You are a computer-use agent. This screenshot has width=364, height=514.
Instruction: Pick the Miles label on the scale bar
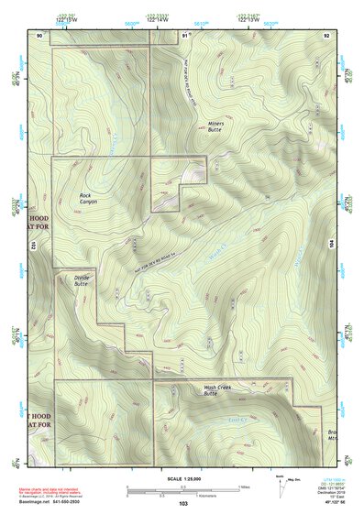243,486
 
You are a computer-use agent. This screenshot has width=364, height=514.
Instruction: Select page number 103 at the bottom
184,505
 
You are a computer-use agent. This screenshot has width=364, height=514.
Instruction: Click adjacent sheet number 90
39,34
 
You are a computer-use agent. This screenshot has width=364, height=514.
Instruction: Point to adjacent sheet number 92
326,34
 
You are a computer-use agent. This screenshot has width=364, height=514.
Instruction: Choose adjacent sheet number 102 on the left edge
32,246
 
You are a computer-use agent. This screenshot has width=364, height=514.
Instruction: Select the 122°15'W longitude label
65,17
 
